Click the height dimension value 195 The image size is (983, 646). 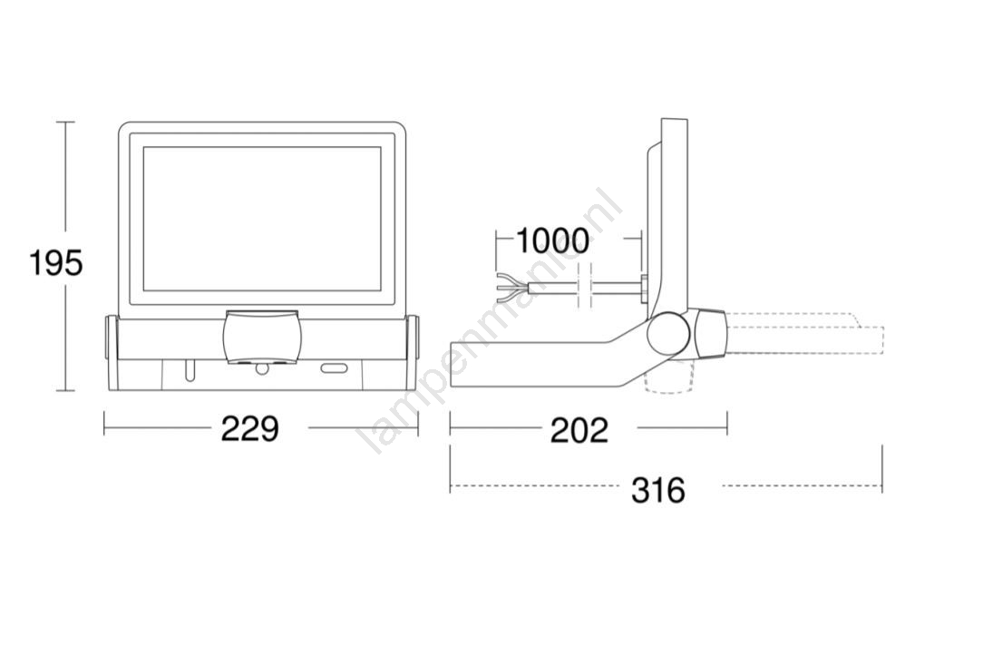pos(56,262)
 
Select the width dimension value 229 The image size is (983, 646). pos(249,430)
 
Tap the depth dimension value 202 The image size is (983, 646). pos(579,430)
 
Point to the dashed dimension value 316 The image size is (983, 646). pos(658,490)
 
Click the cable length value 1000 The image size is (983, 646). pos(552,240)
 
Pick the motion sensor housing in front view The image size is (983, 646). pos(262,337)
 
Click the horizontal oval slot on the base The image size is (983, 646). pos(336,368)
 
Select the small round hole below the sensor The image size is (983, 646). pos(261,368)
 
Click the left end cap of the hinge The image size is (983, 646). pos(111,338)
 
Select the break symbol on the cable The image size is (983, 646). pos(584,288)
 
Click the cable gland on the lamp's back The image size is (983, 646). pos(643,288)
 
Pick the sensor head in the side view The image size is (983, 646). pos(710,333)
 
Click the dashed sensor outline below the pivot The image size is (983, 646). pos(669,377)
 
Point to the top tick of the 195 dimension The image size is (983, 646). pos(66,122)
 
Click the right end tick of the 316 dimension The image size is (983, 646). pos(882,468)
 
